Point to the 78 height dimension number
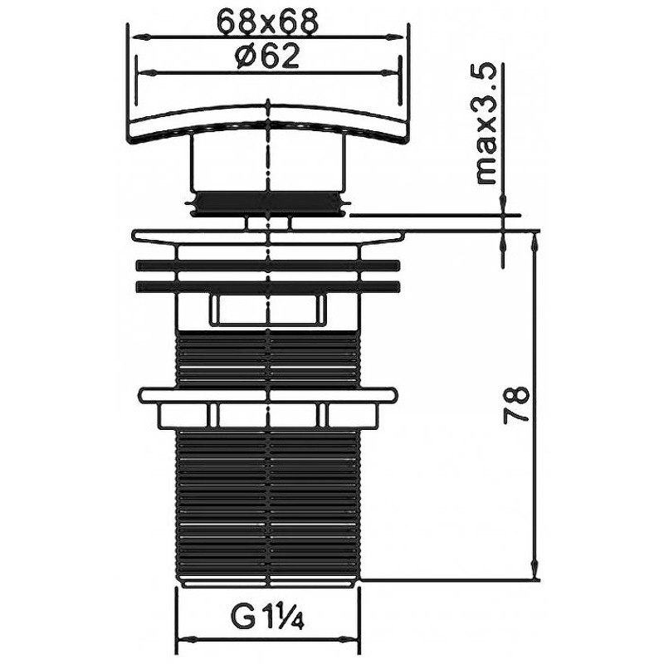click(x=516, y=404)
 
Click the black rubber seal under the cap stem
click(x=268, y=203)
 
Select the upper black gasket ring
click(x=268, y=266)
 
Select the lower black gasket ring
click(x=268, y=286)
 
